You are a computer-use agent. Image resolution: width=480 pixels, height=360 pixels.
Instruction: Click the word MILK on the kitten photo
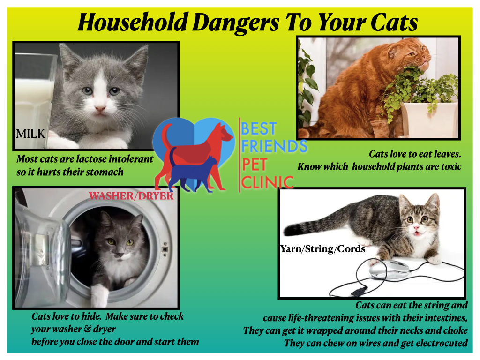click(30, 134)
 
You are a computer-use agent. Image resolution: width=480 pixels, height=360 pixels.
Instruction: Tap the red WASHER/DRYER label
click(131, 196)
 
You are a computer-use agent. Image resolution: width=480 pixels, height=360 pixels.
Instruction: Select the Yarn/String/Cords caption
click(323, 249)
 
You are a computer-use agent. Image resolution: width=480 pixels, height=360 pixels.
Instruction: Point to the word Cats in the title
click(394, 22)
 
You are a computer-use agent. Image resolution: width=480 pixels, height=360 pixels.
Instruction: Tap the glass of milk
click(34, 98)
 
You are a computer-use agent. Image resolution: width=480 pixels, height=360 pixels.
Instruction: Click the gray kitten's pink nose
click(100, 109)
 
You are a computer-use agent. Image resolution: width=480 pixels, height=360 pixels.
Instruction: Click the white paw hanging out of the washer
click(100, 295)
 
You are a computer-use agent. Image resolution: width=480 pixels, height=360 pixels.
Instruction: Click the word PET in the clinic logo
click(255, 165)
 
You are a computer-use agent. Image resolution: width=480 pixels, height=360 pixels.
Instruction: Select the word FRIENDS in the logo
click(274, 146)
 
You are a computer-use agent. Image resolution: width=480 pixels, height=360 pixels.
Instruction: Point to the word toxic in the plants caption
click(451, 166)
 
